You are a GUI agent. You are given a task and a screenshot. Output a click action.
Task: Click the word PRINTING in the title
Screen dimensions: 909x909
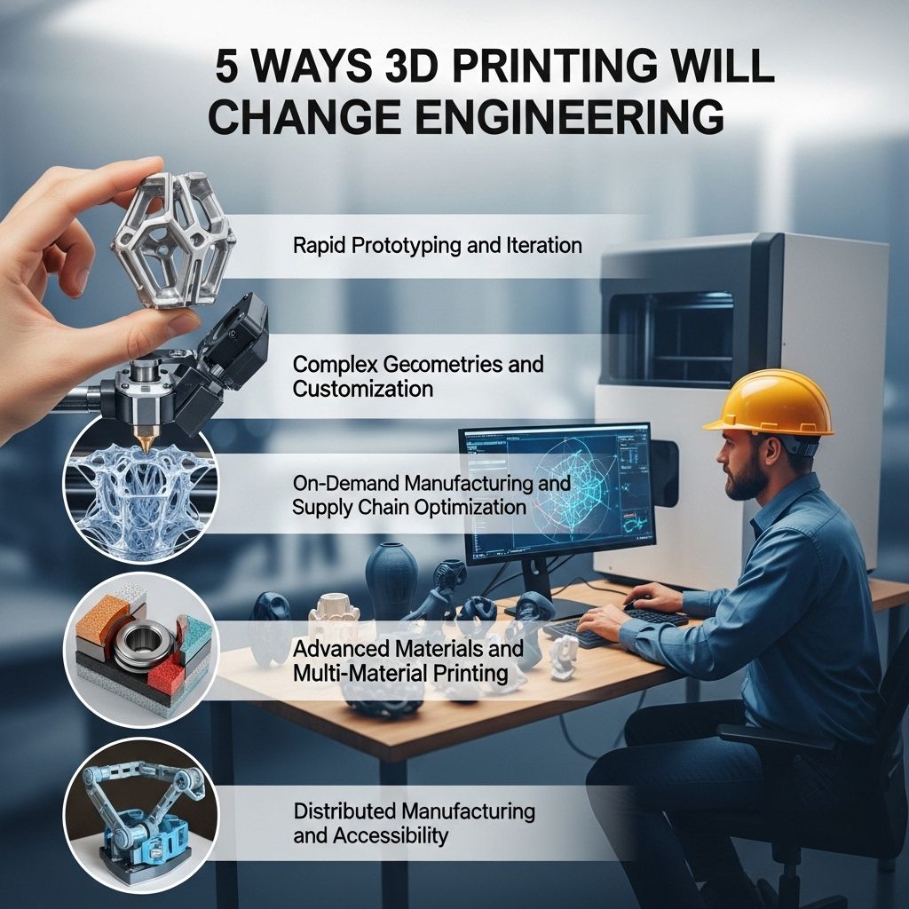tap(554, 66)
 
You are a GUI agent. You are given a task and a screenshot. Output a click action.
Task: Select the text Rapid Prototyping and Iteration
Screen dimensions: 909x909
tap(437, 246)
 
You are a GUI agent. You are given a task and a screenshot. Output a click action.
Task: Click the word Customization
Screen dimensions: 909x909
tap(363, 389)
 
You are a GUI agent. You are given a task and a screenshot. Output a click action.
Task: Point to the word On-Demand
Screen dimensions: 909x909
tap(345, 483)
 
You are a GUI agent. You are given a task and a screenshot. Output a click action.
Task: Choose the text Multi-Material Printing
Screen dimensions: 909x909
tap(400, 674)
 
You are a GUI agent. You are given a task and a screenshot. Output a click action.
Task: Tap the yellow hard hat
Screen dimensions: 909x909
tap(770, 403)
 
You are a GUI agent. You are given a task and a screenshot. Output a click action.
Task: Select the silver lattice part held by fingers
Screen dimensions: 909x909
tap(175, 240)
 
